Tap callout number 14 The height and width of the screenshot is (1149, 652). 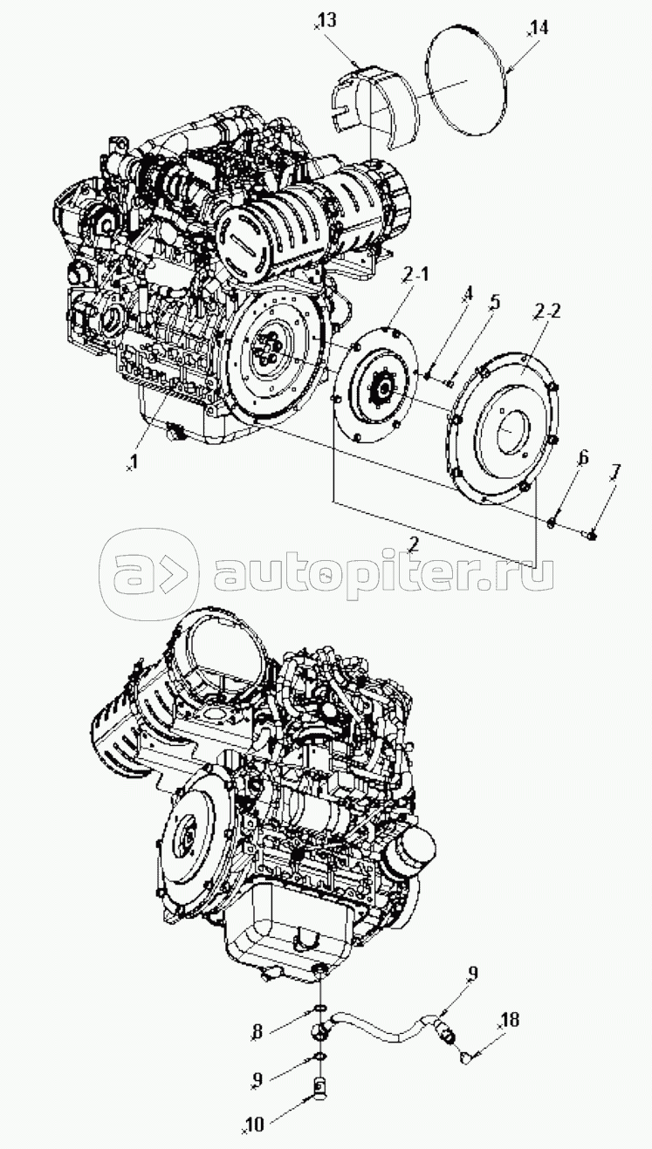coord(539,28)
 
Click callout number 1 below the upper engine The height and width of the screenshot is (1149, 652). coord(134,459)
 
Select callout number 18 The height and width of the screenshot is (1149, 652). coord(510,1019)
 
